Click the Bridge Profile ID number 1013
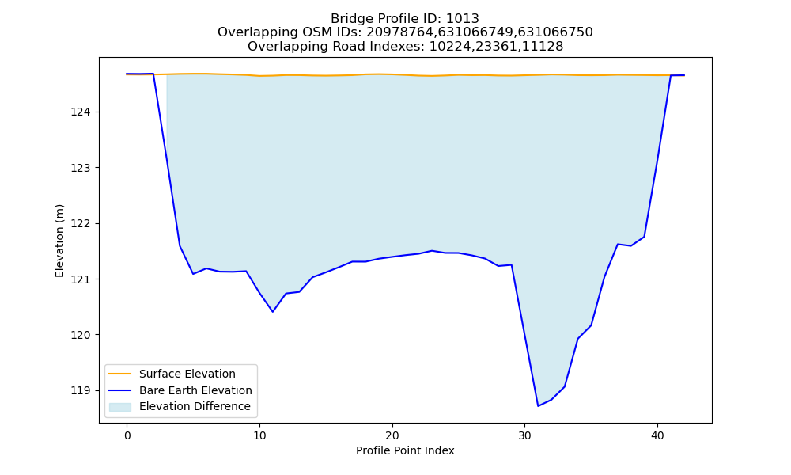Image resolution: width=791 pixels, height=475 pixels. [463, 19]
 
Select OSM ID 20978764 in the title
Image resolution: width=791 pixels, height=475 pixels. [399, 32]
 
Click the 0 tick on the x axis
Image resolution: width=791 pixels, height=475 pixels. [127, 436]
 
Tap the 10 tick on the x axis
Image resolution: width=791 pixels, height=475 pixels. [259, 436]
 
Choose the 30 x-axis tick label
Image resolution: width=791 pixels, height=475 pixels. [524, 436]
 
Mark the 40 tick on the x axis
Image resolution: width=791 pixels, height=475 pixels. [657, 436]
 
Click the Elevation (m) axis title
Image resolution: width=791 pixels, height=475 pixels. [59, 241]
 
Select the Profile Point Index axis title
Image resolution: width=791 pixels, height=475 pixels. [405, 450]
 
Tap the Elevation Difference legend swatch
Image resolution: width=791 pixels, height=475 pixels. [120, 407]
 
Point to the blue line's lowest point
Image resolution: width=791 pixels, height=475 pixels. [538, 406]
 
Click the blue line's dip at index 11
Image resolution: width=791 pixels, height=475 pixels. [273, 311]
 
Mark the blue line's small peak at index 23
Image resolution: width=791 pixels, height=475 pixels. [432, 250]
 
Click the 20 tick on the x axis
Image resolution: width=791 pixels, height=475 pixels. [392, 436]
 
